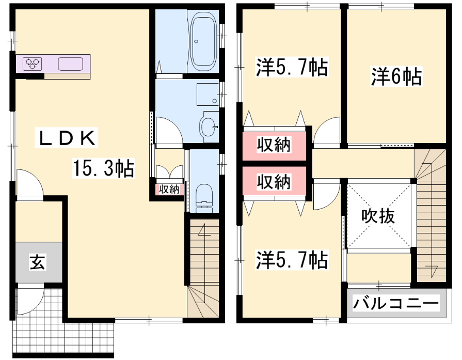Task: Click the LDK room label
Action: click(66, 137)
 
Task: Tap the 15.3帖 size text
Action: click(103, 168)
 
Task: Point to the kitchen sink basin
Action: click(70, 64)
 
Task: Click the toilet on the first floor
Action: click(203, 198)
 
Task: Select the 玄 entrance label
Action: click(37, 262)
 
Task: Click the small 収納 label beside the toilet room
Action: click(169, 190)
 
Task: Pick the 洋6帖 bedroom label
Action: click(396, 76)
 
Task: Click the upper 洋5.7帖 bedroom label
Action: click(292, 68)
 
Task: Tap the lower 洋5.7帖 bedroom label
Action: click(292, 260)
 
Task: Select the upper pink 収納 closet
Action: click(274, 146)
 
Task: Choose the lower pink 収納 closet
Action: click(274, 181)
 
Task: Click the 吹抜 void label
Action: click(378, 217)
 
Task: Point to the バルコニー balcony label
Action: click(396, 303)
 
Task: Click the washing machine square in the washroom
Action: click(208, 95)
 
